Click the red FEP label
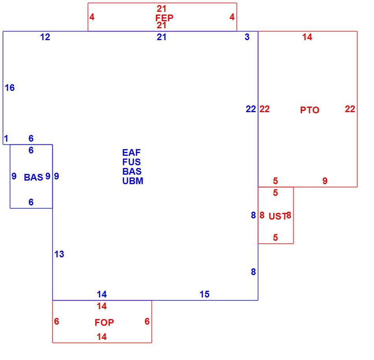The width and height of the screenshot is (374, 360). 164,18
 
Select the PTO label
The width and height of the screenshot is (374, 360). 309,110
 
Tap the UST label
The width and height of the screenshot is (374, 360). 278,216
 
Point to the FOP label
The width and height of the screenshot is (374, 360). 104,322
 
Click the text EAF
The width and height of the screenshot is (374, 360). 131,152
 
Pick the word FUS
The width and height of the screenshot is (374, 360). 131,162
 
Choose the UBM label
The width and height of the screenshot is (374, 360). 133,181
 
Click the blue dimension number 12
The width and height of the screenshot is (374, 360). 45,37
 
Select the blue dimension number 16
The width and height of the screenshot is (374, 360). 10,87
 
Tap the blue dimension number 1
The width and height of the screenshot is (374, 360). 6,138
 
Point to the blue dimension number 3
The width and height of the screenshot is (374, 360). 247,37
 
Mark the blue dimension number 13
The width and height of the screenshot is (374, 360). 59,254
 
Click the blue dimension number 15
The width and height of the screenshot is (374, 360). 204,294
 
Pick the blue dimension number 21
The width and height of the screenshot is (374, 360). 161,37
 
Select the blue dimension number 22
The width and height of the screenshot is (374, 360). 251,109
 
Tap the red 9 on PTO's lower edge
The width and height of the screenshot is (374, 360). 325,181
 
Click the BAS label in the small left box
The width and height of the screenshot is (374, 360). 33,177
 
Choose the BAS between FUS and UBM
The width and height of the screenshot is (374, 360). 131,171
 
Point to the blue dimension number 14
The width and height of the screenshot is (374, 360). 102,294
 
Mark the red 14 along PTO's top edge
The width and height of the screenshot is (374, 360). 307,37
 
